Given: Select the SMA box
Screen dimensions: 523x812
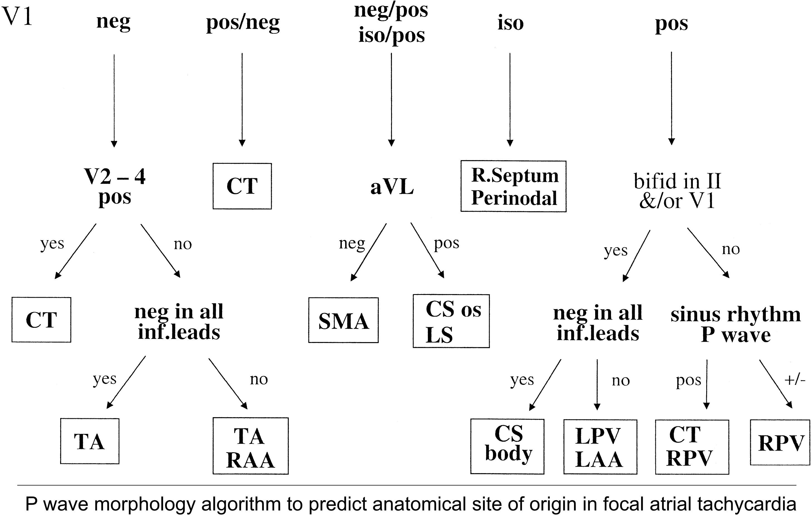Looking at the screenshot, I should click(343, 320).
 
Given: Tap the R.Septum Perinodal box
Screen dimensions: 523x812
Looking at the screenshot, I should click(513, 186).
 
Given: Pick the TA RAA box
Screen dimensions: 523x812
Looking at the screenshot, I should click(251, 446).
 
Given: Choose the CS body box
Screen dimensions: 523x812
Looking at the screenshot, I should click(507, 446).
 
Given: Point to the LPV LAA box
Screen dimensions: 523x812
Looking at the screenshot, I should click(600, 447).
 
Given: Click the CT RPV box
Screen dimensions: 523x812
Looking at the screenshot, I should click(692, 447).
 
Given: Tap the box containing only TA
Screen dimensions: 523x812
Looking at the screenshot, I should click(90, 441).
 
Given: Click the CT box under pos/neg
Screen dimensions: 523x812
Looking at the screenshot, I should click(242, 186).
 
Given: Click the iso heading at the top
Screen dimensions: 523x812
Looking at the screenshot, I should click(511, 23).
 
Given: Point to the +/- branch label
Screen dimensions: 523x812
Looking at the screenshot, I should click(795, 380).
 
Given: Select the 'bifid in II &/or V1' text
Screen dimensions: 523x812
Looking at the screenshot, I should click(677, 190).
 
